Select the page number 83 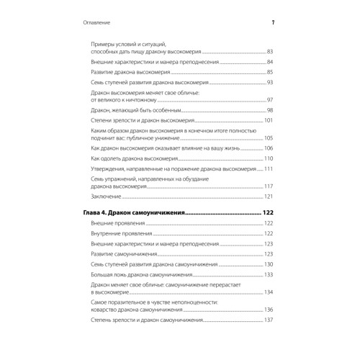[x=271, y=52]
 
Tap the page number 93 [x=271, y=84]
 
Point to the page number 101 [x=269, y=120]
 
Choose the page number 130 [x=269, y=264]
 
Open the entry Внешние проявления [x=120, y=225]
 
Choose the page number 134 [x=269, y=292]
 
